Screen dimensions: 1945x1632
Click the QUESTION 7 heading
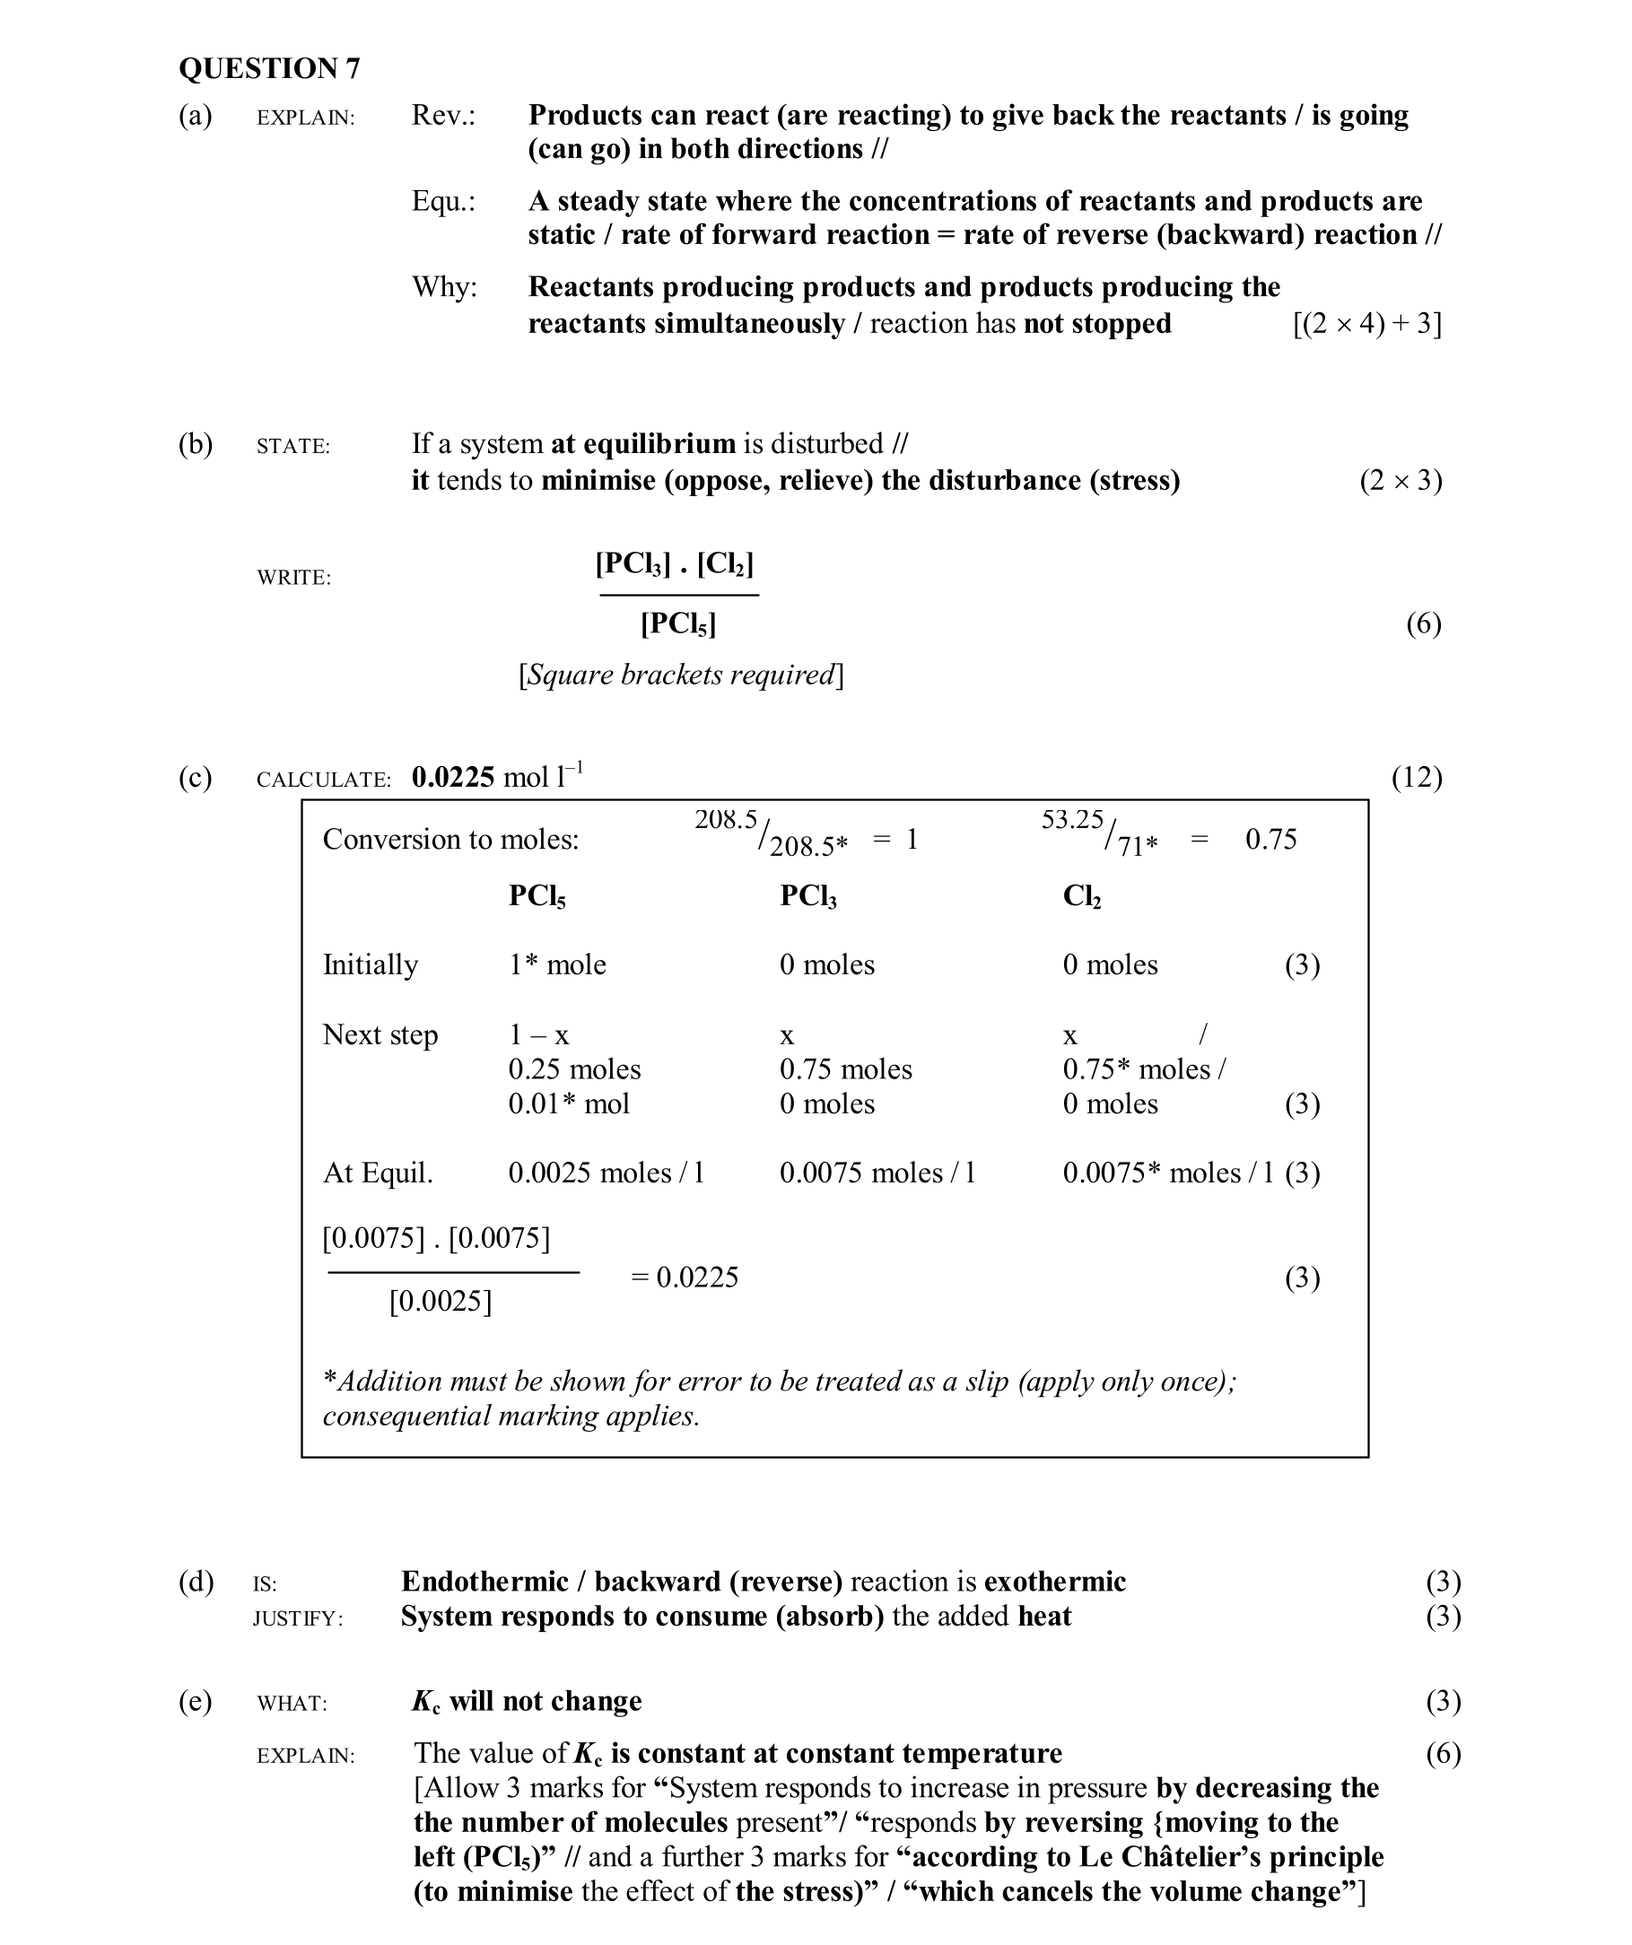click(x=268, y=68)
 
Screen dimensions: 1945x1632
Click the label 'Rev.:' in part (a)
click(x=442, y=116)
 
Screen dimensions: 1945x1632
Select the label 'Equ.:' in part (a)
click(x=442, y=202)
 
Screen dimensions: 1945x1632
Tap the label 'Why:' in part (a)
click(x=443, y=288)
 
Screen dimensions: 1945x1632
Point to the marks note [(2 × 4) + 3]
click(x=1366, y=324)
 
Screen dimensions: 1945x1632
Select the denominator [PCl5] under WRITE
click(x=678, y=624)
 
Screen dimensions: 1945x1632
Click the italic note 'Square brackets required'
click(x=681, y=676)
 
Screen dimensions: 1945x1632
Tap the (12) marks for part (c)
click(x=1416, y=777)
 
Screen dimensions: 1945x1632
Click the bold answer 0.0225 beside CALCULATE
click(x=453, y=777)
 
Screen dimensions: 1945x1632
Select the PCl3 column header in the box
click(x=807, y=896)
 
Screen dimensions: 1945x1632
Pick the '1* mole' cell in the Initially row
click(x=556, y=965)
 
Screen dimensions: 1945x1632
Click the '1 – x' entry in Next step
click(x=538, y=1035)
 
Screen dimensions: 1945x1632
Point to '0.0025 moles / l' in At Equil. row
click(x=606, y=1173)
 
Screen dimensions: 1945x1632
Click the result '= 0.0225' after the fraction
click(x=685, y=1278)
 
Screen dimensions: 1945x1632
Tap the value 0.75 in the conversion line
click(x=1270, y=840)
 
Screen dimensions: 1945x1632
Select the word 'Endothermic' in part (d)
click(x=484, y=1582)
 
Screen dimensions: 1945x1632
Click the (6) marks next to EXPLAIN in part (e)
click(x=1442, y=1754)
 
